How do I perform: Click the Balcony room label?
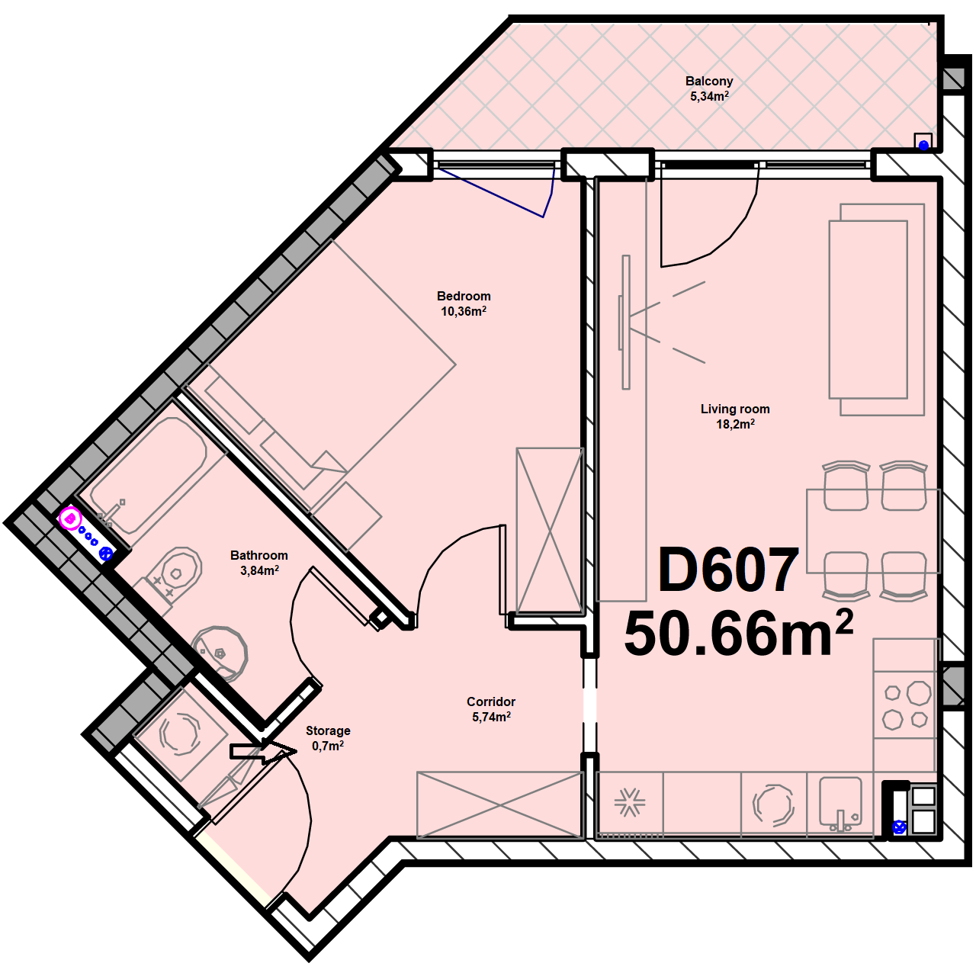pyautogui.click(x=709, y=81)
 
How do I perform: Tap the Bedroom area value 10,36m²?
pyautogui.click(x=464, y=311)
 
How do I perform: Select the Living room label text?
pyautogui.click(x=735, y=409)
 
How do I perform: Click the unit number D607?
pyautogui.click(x=728, y=570)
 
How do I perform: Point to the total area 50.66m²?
pyautogui.click(x=739, y=633)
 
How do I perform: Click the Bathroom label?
pyautogui.click(x=258, y=555)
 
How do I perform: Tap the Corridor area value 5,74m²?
pyautogui.click(x=491, y=717)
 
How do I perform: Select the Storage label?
pyautogui.click(x=328, y=730)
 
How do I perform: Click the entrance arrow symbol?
pyautogui.click(x=263, y=751)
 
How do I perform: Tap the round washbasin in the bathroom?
pyautogui.click(x=220, y=653)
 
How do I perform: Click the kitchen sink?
pyautogui.click(x=841, y=804)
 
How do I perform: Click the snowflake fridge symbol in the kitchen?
pyautogui.click(x=630, y=802)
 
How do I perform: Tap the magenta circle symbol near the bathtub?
pyautogui.click(x=70, y=518)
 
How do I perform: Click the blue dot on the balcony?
pyautogui.click(x=923, y=146)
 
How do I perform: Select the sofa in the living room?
pyautogui.click(x=876, y=310)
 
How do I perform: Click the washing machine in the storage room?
pyautogui.click(x=180, y=734)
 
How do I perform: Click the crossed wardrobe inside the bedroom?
pyautogui.click(x=550, y=531)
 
